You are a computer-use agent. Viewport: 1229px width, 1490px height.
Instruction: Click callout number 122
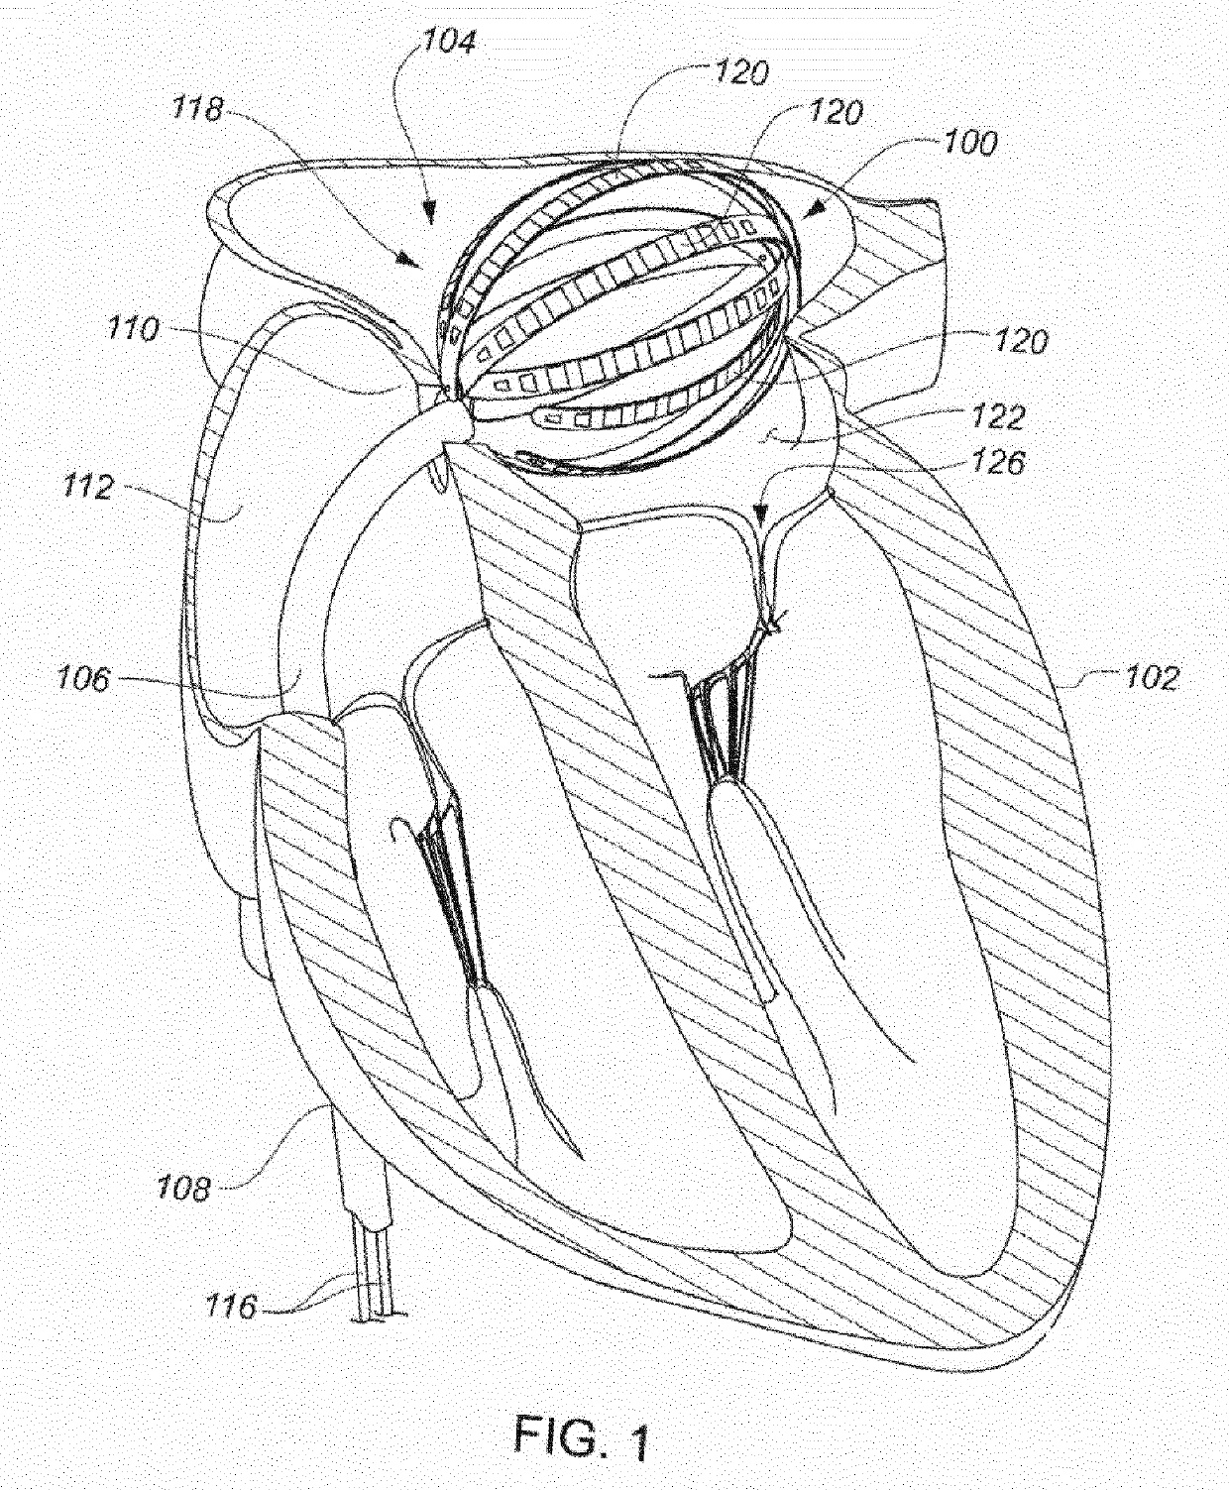coord(998,415)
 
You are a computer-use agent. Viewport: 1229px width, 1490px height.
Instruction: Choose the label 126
coord(998,462)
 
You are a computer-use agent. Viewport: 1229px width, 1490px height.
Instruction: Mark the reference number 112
coord(87,487)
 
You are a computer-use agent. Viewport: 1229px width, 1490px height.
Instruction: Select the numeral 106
coord(83,679)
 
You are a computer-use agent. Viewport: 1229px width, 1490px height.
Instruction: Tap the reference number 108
coord(184,1187)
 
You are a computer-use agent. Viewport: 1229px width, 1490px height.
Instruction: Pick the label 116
coord(231,1307)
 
